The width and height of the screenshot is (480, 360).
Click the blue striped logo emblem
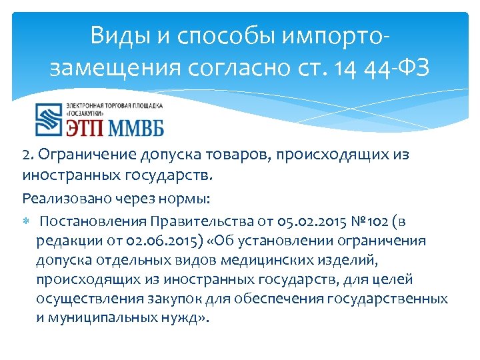coord(48,120)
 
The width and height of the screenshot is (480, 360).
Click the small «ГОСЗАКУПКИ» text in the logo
coord(91,114)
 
